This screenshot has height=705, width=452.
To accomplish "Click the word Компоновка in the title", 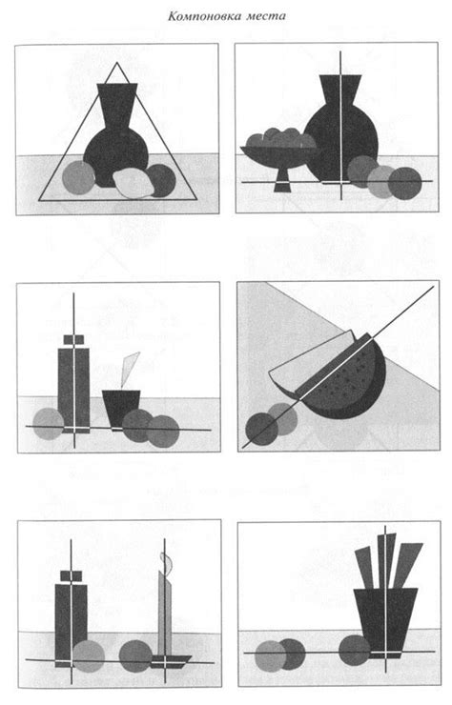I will [x=204, y=16].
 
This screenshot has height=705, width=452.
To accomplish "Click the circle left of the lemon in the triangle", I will [x=78, y=177].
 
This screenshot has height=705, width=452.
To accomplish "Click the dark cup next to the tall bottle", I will [x=121, y=408].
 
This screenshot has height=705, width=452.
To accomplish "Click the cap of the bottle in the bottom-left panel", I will [x=72, y=574].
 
